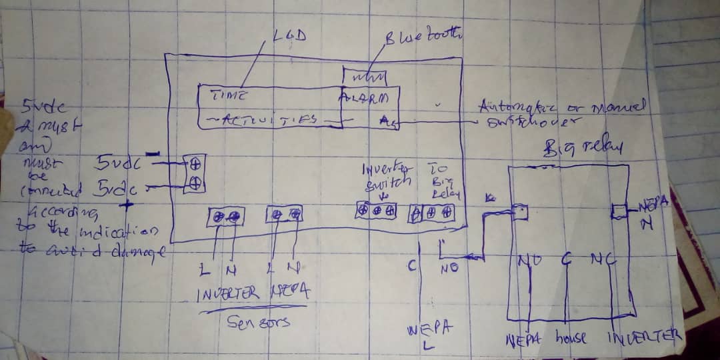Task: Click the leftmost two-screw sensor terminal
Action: [x=225, y=216]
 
